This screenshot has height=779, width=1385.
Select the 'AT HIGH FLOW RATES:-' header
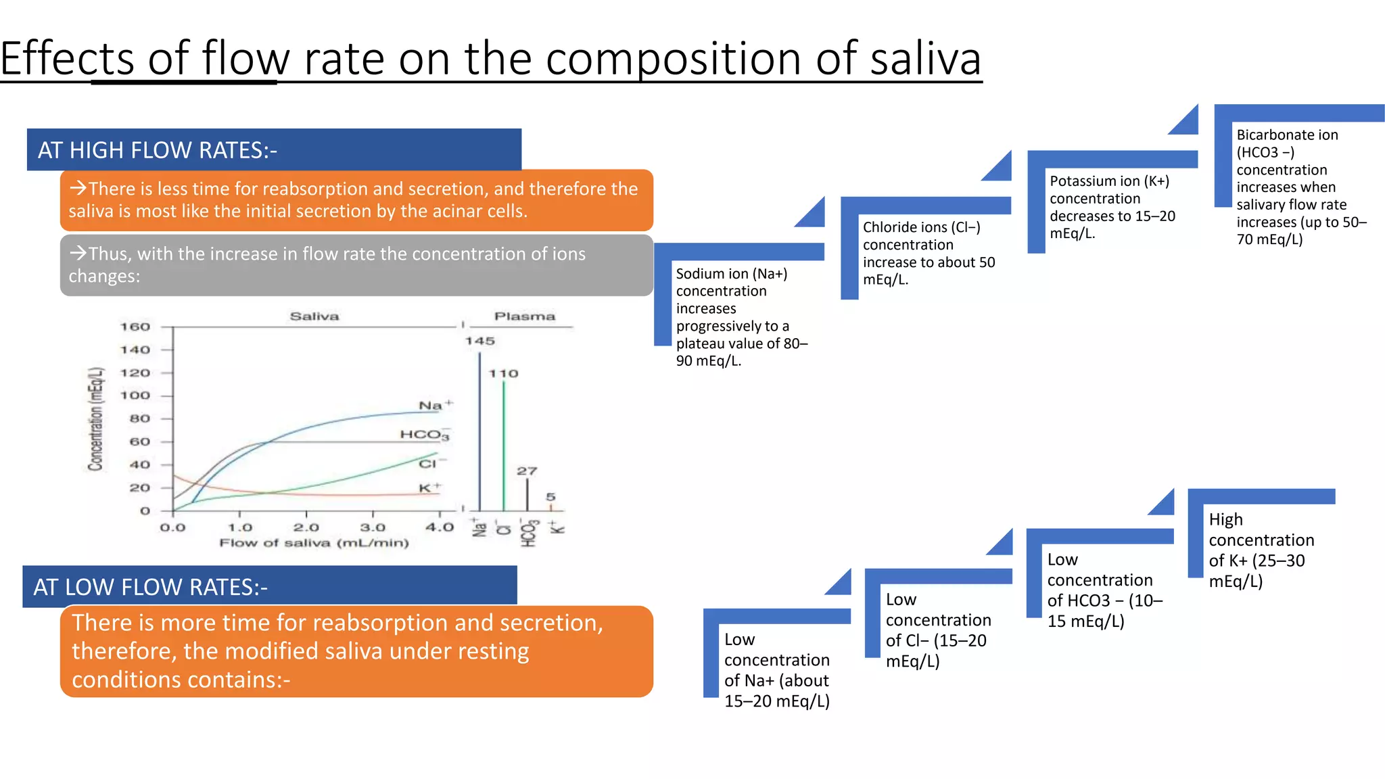(x=157, y=150)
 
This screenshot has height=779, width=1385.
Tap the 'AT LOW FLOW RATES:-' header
(x=150, y=587)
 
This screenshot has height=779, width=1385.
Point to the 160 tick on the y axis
(x=135, y=327)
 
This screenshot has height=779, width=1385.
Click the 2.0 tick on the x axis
(x=306, y=527)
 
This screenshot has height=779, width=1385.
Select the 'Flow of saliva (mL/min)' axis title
(x=314, y=543)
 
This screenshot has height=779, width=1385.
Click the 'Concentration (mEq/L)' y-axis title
(x=96, y=419)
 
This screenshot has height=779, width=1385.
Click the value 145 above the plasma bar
(x=479, y=341)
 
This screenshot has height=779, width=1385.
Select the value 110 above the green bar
(x=503, y=374)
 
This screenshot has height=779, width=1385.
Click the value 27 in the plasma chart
(x=527, y=471)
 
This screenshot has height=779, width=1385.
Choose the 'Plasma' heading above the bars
(x=524, y=316)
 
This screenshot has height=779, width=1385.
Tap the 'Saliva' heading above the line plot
(x=314, y=316)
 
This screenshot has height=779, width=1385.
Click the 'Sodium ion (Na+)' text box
(x=741, y=316)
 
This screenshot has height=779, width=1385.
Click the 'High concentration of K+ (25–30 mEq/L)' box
(x=1261, y=550)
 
